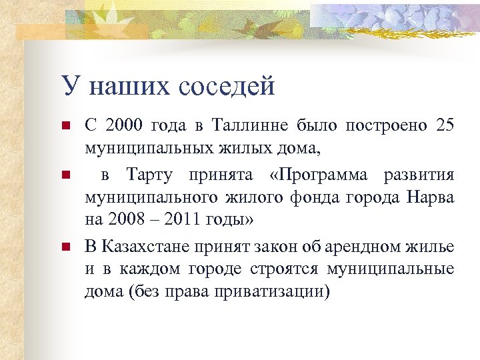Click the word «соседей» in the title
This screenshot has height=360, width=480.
tap(227, 86)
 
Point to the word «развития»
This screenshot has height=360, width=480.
tap(419, 175)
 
